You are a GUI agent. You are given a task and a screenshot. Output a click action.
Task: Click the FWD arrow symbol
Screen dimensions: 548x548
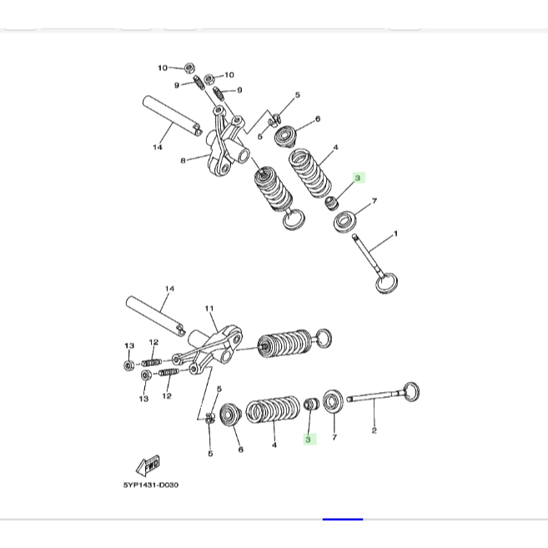pyautogui.click(x=148, y=466)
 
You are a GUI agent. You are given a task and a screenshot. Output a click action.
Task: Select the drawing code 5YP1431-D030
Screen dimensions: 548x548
pyautogui.click(x=151, y=485)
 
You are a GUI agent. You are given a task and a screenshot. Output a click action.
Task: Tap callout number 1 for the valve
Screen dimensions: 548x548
pyautogui.click(x=395, y=234)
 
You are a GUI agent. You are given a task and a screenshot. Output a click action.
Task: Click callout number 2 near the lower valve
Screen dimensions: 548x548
pyautogui.click(x=374, y=430)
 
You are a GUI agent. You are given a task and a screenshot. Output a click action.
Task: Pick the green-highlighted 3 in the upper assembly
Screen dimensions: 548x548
pyautogui.click(x=358, y=178)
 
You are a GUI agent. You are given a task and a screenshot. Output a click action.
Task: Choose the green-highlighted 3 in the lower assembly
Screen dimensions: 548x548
pyautogui.click(x=308, y=440)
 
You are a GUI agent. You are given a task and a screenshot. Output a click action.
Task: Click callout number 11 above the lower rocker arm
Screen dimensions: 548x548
pyautogui.click(x=209, y=309)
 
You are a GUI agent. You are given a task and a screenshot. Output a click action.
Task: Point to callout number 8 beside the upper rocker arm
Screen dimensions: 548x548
pyautogui.click(x=183, y=161)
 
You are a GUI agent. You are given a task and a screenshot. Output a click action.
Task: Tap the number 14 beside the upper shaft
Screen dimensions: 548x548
pyautogui.click(x=158, y=147)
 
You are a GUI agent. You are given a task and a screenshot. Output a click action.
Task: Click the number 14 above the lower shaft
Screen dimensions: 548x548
pyautogui.click(x=169, y=289)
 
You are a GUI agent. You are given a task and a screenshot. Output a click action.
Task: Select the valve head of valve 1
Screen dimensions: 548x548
pyautogui.click(x=386, y=283)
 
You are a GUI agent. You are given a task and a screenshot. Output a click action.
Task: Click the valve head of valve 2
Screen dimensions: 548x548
pyautogui.click(x=412, y=392)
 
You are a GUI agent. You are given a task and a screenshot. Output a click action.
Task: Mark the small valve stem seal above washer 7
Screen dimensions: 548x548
pyautogui.click(x=331, y=204)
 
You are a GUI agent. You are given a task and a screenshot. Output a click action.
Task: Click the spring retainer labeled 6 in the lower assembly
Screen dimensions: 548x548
pyautogui.click(x=230, y=415)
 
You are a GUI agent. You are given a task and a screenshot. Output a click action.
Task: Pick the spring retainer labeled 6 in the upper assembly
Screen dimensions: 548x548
pyautogui.click(x=285, y=137)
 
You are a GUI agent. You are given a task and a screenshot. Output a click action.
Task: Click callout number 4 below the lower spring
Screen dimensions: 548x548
pyautogui.click(x=274, y=445)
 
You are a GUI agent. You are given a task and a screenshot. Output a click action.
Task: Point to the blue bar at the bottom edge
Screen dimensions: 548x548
pyautogui.click(x=343, y=520)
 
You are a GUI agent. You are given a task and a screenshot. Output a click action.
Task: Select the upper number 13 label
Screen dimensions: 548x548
pyautogui.click(x=129, y=345)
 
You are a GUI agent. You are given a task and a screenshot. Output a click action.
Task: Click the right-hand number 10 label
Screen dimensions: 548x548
pyautogui.click(x=229, y=75)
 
